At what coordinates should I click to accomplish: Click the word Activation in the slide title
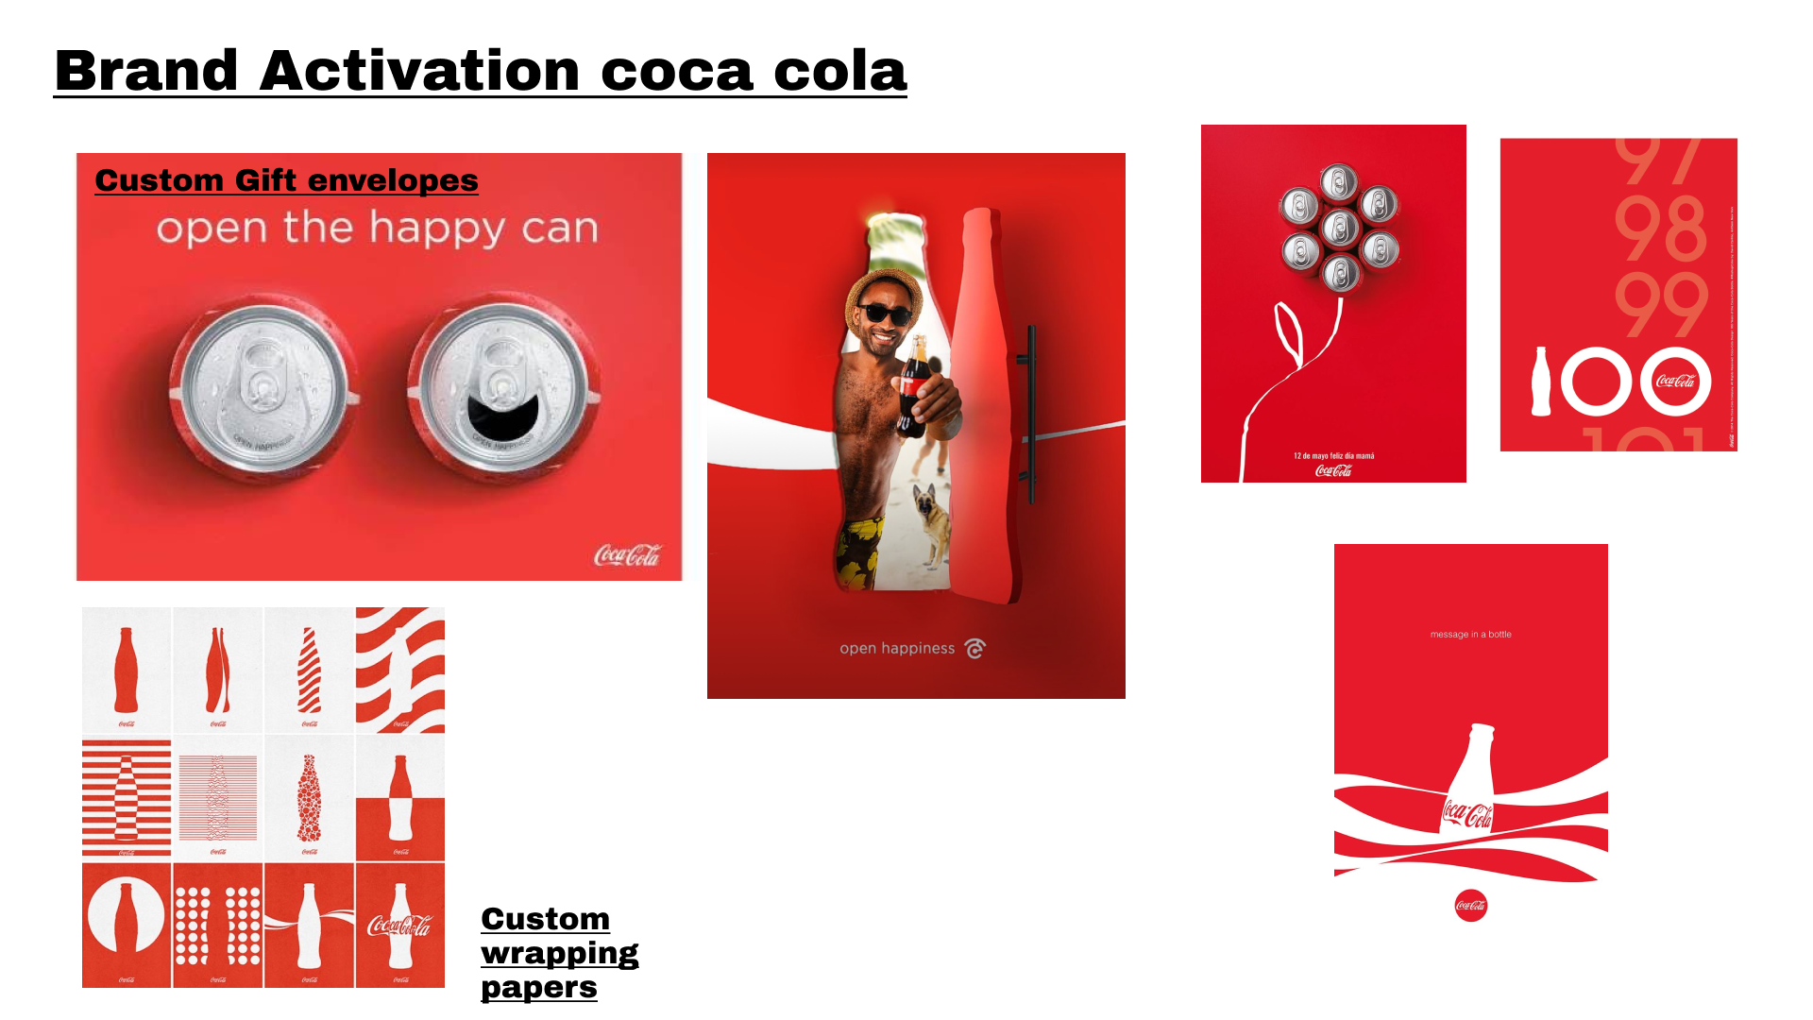tap(419, 71)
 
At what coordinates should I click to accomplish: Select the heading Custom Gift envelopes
tap(286, 179)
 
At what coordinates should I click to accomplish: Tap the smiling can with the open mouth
tap(503, 388)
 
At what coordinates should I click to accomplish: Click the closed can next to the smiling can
tap(264, 388)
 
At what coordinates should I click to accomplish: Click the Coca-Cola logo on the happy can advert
tap(627, 554)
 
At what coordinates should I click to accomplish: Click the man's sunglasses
tap(884, 314)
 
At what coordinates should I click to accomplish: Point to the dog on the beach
tap(933, 525)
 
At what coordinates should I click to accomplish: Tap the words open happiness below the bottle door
tap(897, 648)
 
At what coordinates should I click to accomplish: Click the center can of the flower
tap(1339, 228)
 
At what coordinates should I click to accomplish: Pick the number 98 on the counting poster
tap(1660, 229)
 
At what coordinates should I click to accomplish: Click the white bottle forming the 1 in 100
tap(1541, 382)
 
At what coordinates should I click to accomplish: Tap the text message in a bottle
tap(1470, 635)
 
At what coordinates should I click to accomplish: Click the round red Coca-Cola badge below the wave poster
tap(1470, 906)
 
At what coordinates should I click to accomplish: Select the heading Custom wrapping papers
tap(559, 952)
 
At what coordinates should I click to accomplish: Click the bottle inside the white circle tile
tap(126, 915)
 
